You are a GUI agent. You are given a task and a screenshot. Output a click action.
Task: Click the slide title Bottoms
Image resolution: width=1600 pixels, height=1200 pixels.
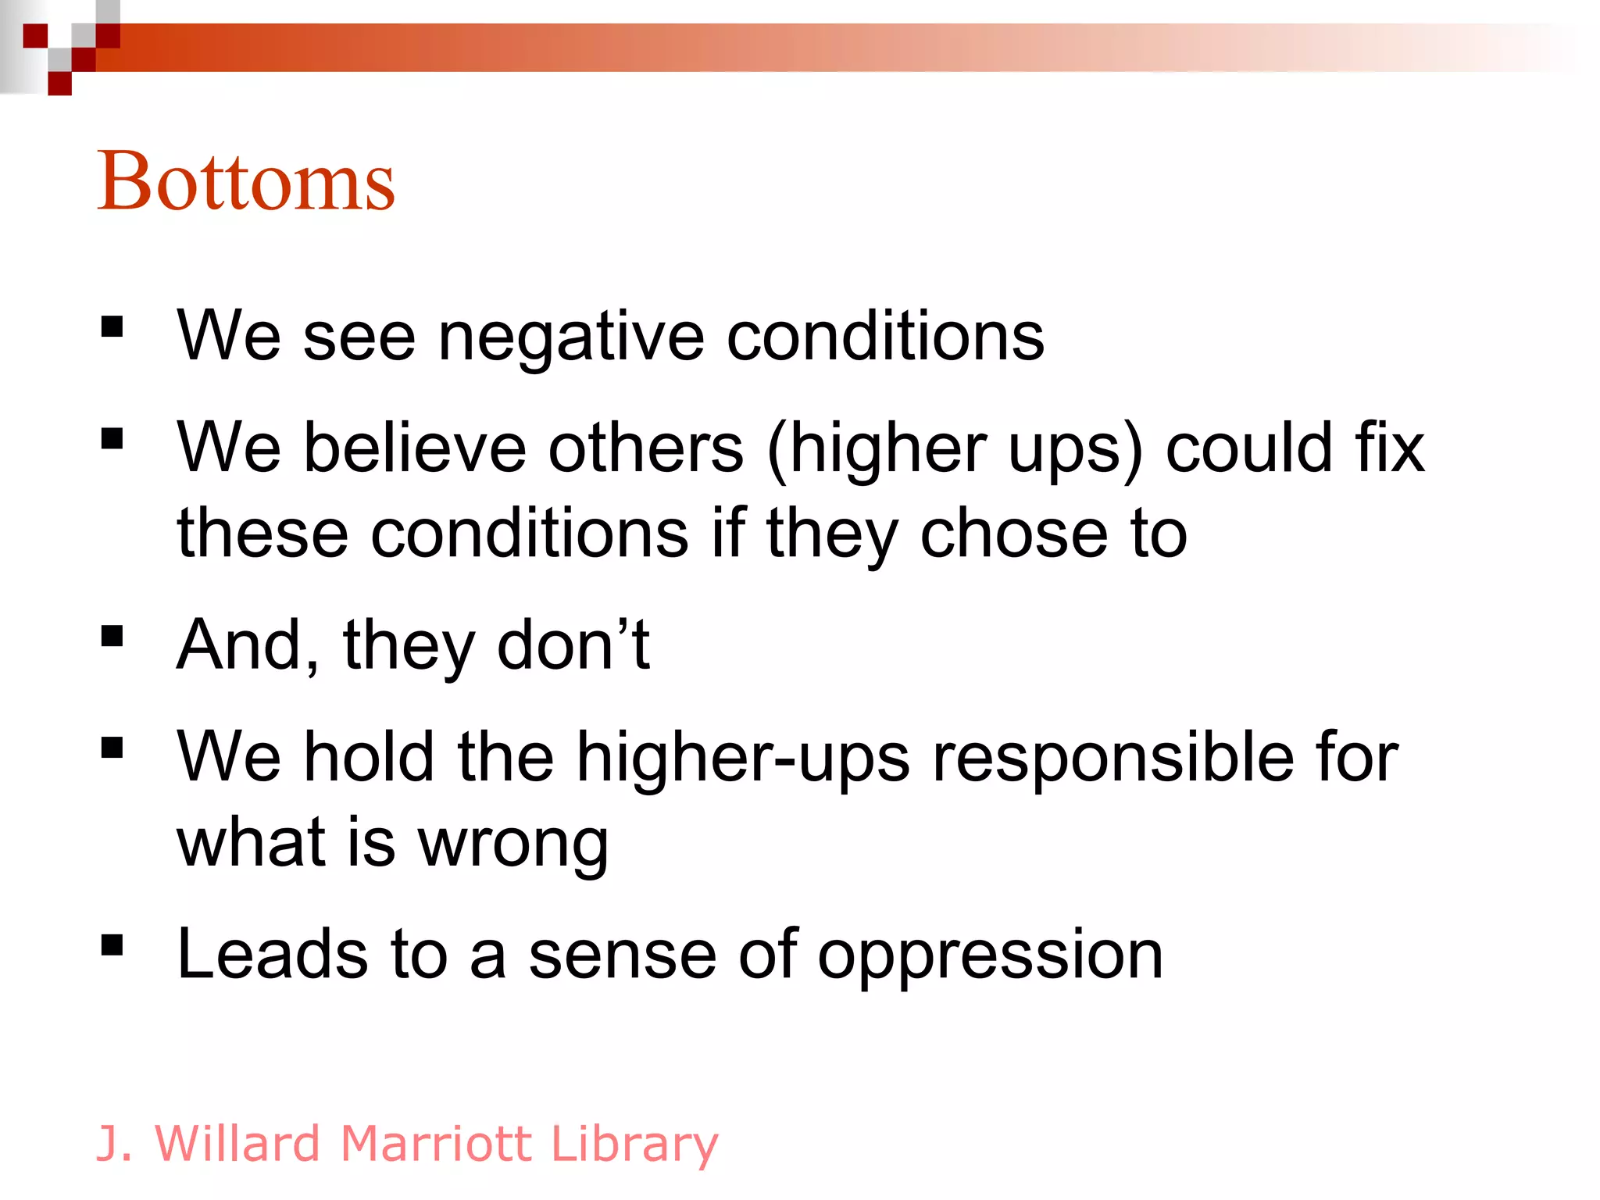[245, 181]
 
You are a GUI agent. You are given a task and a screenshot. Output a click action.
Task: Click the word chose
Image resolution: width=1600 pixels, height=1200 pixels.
[1013, 534]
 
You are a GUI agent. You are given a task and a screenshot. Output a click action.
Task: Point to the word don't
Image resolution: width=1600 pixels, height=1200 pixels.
[573, 645]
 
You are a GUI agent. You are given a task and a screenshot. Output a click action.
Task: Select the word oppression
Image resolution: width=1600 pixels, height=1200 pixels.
[990, 955]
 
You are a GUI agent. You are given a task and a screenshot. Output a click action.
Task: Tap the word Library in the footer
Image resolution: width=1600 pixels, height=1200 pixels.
[634, 1144]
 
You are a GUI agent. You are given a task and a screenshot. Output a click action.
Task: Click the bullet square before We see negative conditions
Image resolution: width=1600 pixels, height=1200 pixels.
[112, 327]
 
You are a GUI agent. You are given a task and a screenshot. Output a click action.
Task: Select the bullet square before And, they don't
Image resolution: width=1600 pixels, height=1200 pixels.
[112, 636]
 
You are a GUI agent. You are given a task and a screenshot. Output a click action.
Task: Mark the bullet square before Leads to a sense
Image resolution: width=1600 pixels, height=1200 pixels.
[112, 945]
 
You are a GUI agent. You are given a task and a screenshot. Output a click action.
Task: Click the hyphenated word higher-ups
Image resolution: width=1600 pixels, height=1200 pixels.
[742, 758]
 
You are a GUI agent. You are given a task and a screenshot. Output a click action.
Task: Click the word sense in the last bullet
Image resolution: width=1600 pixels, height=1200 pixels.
[622, 955]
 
